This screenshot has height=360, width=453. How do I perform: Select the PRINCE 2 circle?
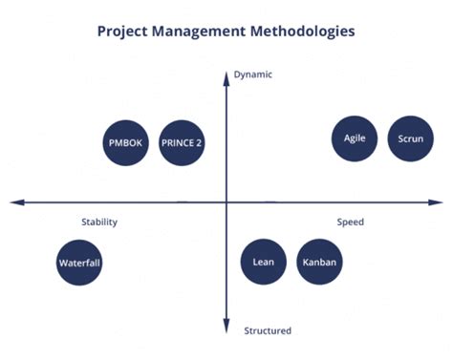coord(182,143)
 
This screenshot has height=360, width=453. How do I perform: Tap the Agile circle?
coord(355,138)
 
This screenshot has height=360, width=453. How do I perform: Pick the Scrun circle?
coord(411,138)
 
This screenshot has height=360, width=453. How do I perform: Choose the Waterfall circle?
coord(79,263)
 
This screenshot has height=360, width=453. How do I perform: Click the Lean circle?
coord(263,263)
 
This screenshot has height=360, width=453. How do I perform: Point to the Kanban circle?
coord(319,263)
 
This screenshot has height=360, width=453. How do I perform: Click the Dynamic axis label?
coord(253,74)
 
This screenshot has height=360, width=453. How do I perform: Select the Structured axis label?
coord(268,331)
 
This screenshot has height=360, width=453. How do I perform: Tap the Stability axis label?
coord(99,222)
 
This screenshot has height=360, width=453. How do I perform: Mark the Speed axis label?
coord(350,222)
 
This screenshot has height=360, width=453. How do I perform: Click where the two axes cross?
coord(226,201)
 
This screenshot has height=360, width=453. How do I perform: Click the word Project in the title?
coord(126,32)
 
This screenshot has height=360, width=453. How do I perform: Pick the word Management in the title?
coord(207,32)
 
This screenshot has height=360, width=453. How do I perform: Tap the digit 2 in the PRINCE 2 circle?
coord(199,143)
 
